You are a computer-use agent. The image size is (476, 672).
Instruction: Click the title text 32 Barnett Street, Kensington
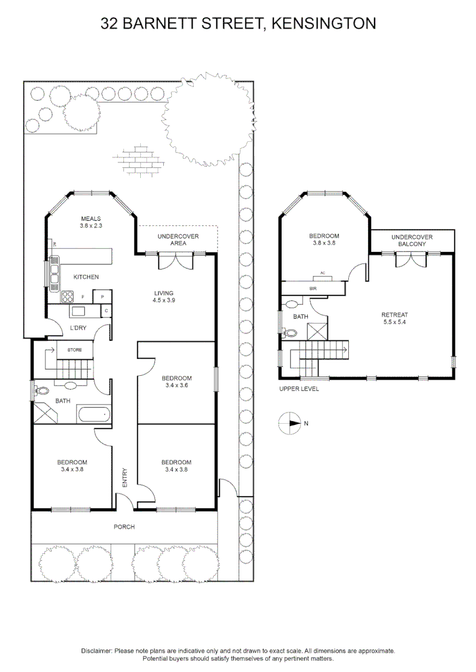(x=238, y=24)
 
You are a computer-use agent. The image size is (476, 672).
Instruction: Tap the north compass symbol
(x=290, y=423)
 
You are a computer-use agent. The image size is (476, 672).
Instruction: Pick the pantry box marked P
(x=102, y=297)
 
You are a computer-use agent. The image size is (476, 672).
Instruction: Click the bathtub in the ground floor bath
(x=93, y=414)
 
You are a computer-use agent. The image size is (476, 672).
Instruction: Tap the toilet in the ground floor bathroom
(x=42, y=391)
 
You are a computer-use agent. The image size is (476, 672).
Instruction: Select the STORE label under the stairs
(x=75, y=350)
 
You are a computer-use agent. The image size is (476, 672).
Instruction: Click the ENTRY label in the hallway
(x=125, y=477)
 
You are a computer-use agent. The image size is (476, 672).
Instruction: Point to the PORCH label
(x=124, y=527)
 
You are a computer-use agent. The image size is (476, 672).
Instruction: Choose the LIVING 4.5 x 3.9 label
(x=164, y=297)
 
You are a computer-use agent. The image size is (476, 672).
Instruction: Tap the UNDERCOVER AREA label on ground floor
(x=178, y=240)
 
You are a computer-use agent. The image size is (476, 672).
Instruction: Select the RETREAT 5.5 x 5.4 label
(x=396, y=319)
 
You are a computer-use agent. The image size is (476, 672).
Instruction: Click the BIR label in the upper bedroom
(x=313, y=289)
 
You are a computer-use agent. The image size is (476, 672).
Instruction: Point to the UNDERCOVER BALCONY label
(x=411, y=241)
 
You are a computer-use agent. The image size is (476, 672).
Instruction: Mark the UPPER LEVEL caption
(x=299, y=389)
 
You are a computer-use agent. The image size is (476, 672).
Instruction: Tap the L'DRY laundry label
(x=78, y=328)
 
